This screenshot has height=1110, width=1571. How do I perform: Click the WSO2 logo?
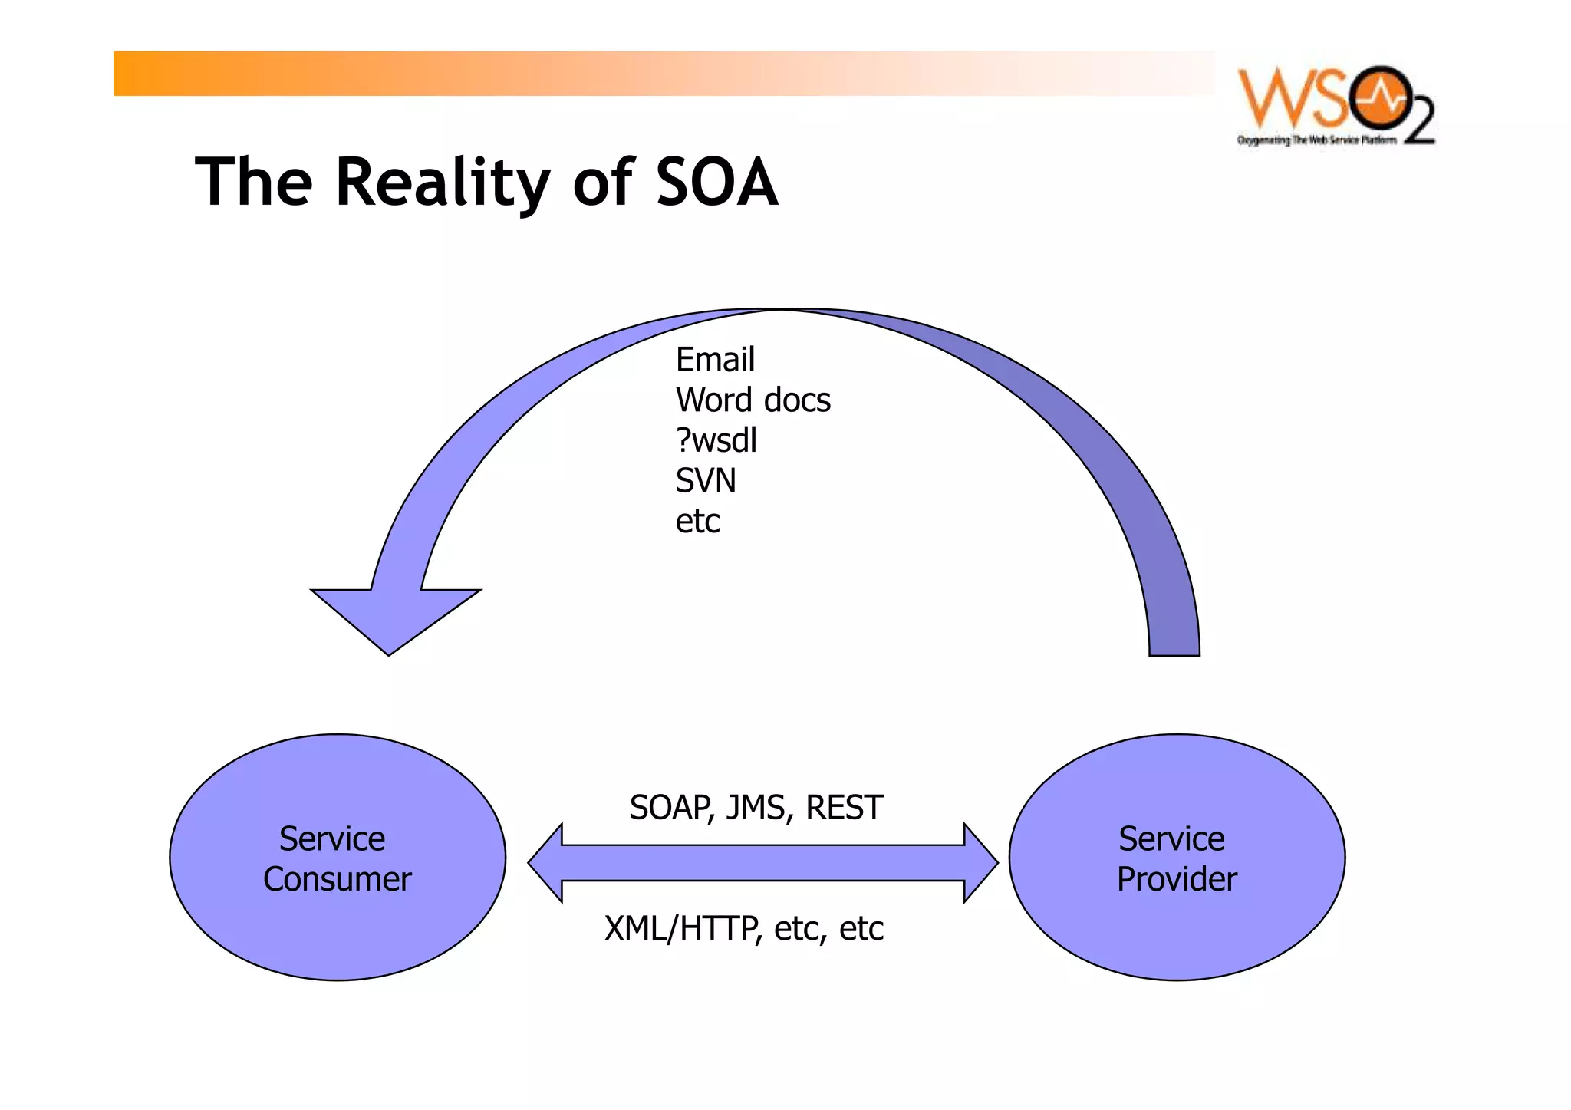(x=1336, y=105)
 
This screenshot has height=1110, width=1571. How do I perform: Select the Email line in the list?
(x=715, y=360)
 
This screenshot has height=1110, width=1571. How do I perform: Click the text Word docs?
(x=753, y=400)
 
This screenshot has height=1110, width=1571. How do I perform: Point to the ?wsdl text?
(x=716, y=440)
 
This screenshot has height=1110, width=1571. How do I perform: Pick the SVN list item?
(x=705, y=481)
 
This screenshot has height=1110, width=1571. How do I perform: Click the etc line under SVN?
(x=697, y=522)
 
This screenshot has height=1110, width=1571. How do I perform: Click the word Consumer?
(x=338, y=879)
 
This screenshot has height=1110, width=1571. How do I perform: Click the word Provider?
(x=1177, y=879)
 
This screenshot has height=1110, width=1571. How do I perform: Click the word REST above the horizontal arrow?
(x=844, y=808)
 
